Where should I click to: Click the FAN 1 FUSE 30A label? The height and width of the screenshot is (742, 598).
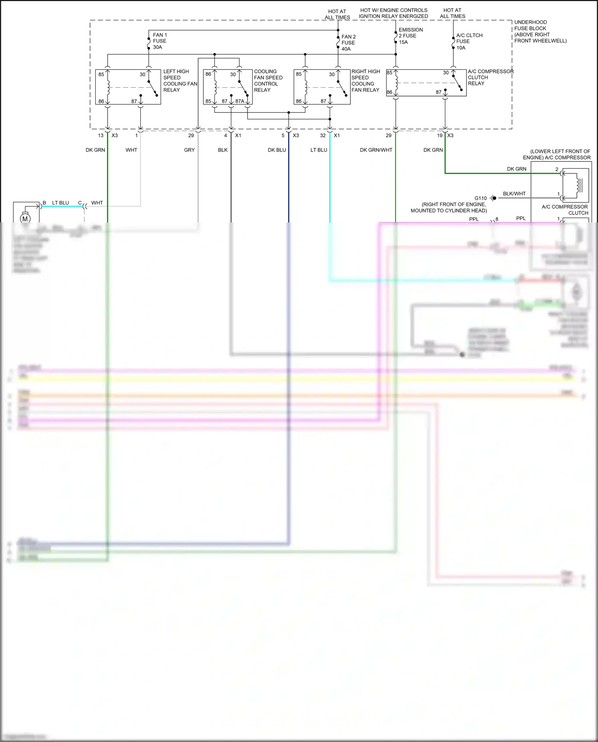(x=159, y=41)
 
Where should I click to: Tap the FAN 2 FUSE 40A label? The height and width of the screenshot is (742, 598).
(x=348, y=43)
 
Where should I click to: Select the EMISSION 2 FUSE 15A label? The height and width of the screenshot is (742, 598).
(x=410, y=36)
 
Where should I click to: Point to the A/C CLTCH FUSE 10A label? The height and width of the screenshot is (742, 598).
(x=469, y=41)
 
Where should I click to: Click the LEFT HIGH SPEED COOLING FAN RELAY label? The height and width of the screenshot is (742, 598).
(x=180, y=81)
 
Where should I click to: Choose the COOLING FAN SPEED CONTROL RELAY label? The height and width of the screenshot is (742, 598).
(x=268, y=81)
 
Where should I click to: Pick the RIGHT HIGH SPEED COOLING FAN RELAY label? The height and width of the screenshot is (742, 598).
(x=365, y=81)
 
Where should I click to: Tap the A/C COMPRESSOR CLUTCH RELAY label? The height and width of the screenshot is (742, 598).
(x=490, y=77)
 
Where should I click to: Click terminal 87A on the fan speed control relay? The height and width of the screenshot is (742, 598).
(x=240, y=101)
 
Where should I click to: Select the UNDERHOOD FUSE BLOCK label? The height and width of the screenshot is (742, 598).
(x=540, y=31)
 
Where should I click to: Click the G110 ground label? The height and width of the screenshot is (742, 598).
(x=480, y=198)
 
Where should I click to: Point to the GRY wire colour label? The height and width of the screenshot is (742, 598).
(x=189, y=150)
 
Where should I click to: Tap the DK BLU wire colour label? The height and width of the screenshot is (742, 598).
(x=277, y=150)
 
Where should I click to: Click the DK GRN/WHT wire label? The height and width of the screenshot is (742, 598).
(x=376, y=150)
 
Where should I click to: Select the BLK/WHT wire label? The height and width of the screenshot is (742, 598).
(x=514, y=194)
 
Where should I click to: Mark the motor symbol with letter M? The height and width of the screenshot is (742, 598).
(x=25, y=218)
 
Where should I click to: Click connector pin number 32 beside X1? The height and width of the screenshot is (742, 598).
(x=323, y=136)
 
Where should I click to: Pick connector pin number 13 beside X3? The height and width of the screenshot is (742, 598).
(x=100, y=136)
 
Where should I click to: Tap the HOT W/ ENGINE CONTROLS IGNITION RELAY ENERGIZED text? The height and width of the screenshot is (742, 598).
(x=393, y=13)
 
